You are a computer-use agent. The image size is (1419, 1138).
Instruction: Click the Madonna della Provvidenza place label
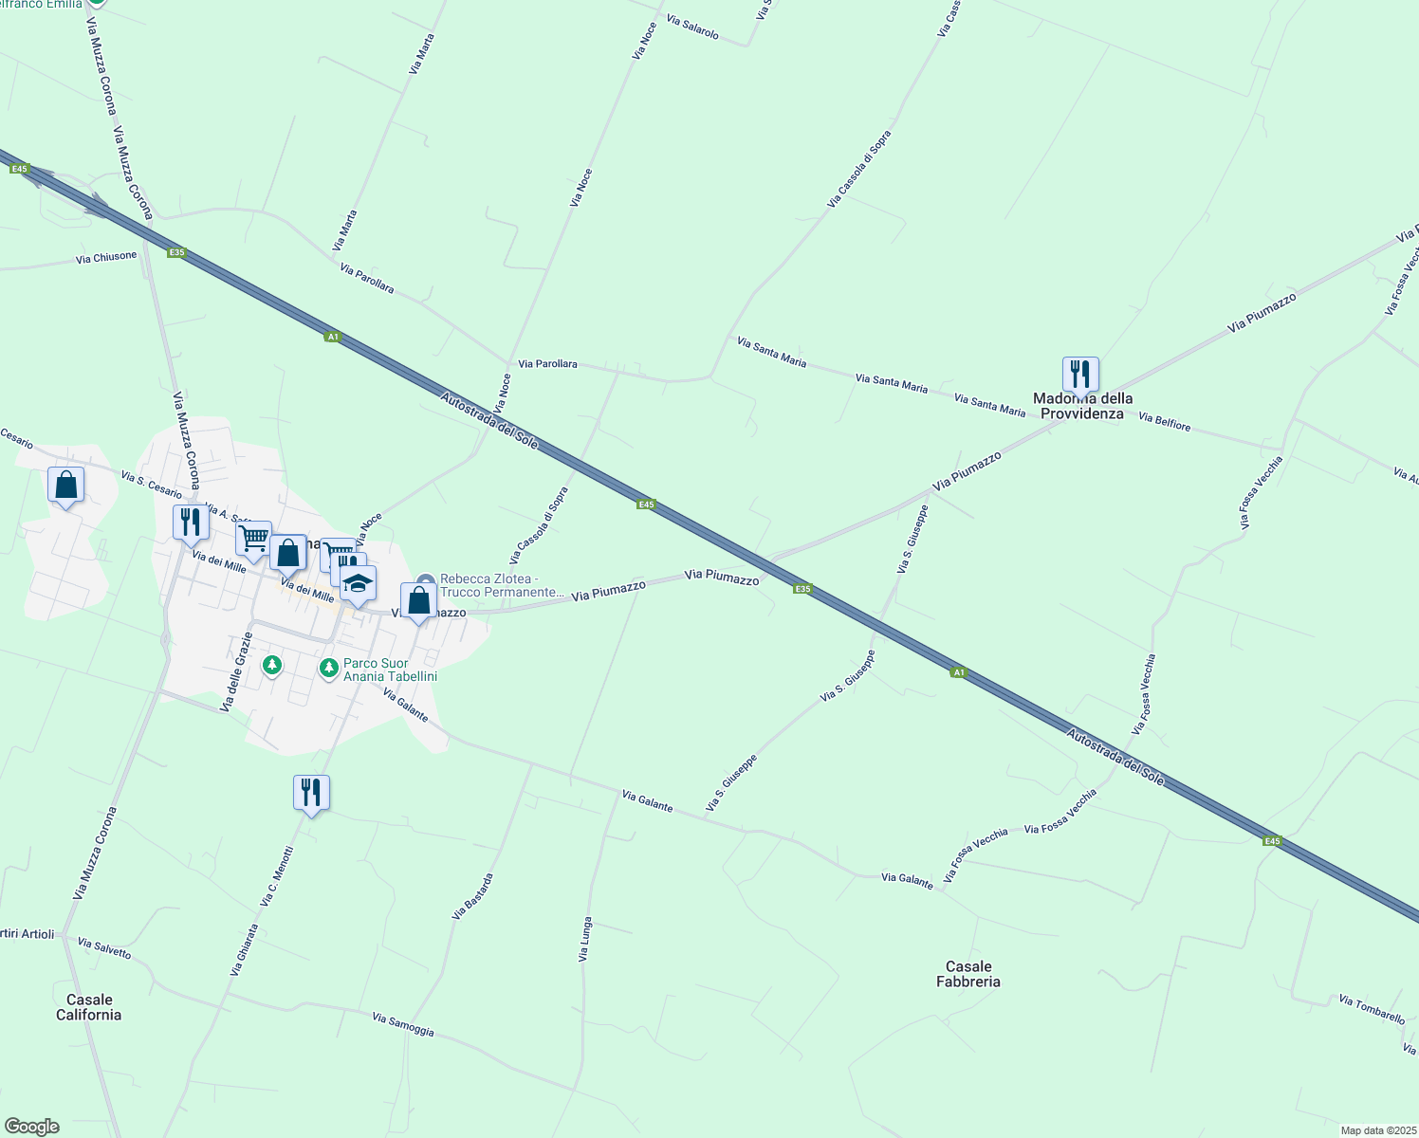click(x=1082, y=406)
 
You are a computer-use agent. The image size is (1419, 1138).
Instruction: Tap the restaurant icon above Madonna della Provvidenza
click(x=1080, y=375)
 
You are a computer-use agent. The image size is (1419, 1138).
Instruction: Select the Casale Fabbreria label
click(x=967, y=974)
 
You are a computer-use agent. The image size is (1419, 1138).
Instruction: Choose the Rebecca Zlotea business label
click(x=502, y=585)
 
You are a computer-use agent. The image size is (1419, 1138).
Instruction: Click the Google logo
click(x=31, y=1127)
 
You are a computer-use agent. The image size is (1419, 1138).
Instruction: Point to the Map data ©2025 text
click(x=1377, y=1130)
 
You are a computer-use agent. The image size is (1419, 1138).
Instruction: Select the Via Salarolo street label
click(x=692, y=28)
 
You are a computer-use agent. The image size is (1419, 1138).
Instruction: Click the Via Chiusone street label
click(x=106, y=257)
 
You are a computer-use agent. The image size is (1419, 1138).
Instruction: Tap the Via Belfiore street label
click(x=1164, y=422)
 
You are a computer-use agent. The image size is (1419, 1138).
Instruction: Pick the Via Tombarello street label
click(x=1372, y=1009)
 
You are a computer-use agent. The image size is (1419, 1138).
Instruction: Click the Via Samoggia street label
click(x=403, y=1024)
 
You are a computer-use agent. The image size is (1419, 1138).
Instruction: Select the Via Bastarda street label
click(x=472, y=896)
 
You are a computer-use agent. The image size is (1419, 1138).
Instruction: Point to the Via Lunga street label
click(x=585, y=939)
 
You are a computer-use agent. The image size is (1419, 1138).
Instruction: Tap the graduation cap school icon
click(x=358, y=584)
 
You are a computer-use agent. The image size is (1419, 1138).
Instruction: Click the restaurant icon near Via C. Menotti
click(x=311, y=792)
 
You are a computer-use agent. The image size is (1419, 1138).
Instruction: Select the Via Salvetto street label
click(x=104, y=948)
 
